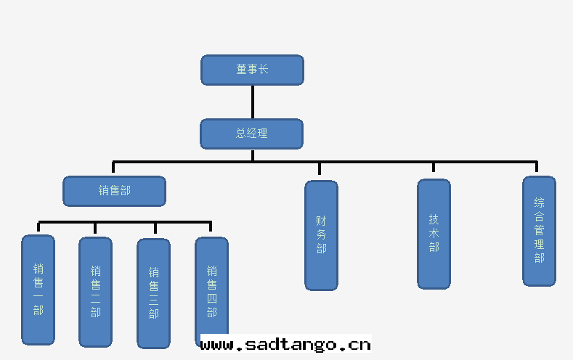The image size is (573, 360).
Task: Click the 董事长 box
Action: pyautogui.click(x=252, y=70)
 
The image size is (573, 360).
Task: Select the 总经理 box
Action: pyautogui.click(x=251, y=134)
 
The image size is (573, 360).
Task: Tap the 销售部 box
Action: pyautogui.click(x=114, y=191)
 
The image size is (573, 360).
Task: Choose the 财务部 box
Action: pyautogui.click(x=321, y=235)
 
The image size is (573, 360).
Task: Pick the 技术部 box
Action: pyautogui.click(x=434, y=234)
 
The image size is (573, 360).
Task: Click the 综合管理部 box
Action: pyautogui.click(x=539, y=231)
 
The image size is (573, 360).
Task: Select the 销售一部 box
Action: pyautogui.click(x=38, y=290)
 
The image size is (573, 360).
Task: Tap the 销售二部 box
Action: pyautogui.click(x=95, y=292)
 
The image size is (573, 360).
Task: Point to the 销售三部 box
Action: pyautogui.click(x=153, y=293)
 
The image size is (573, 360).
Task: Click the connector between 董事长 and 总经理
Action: pyautogui.click(x=253, y=102)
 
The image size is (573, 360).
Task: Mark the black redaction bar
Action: pyautogui.click(x=285, y=343)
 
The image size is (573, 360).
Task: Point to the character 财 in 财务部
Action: pyautogui.click(x=321, y=221)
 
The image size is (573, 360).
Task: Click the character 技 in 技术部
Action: pyautogui.click(x=434, y=219)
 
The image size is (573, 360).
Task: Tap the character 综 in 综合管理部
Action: pyautogui.click(x=539, y=203)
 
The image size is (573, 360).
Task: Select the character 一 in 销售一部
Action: pyautogui.click(x=38, y=296)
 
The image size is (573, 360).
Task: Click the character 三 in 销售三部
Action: pyautogui.click(x=153, y=300)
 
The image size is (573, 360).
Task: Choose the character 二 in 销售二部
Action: pyautogui.click(x=95, y=298)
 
